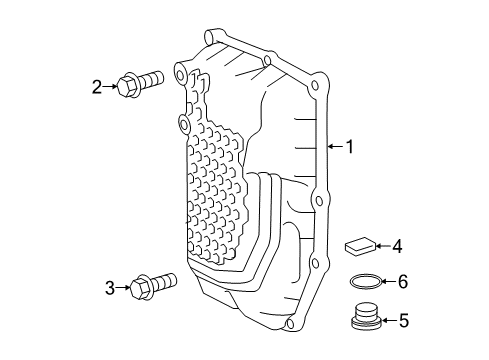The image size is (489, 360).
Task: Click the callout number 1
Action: [x=350, y=147]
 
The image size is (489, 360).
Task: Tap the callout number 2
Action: [x=98, y=87]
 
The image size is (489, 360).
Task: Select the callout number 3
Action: [x=111, y=289]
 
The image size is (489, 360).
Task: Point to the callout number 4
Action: [x=397, y=245]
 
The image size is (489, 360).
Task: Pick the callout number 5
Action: [x=403, y=321]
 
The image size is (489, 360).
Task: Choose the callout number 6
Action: [x=403, y=283]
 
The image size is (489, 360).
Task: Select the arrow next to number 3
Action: [x=125, y=289]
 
